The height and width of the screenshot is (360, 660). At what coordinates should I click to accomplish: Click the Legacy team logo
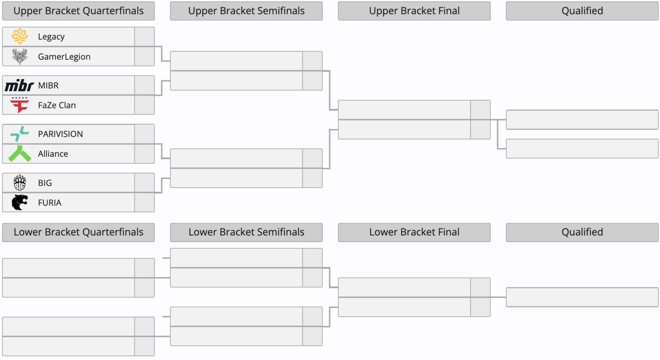(x=20, y=36)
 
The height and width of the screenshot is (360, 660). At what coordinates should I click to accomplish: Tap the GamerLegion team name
(x=64, y=56)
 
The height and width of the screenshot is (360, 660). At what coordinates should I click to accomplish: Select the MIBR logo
(x=19, y=85)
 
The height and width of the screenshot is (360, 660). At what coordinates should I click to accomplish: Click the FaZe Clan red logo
(x=19, y=105)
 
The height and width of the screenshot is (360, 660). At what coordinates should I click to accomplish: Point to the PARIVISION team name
(x=60, y=134)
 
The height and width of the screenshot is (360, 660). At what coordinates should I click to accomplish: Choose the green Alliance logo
(x=20, y=154)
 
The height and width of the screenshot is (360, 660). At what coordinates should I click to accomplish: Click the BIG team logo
(x=20, y=183)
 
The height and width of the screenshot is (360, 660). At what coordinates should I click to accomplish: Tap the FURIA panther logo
(x=20, y=202)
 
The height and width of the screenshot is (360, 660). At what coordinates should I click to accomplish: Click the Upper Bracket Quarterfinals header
(x=78, y=11)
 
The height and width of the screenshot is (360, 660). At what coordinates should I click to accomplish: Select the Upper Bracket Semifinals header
(x=246, y=11)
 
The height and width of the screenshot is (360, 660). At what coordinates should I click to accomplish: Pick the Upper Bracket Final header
(x=414, y=11)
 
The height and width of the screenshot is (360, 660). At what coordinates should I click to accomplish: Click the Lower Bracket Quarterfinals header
(x=78, y=232)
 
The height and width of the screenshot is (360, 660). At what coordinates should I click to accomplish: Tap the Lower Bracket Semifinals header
(x=246, y=232)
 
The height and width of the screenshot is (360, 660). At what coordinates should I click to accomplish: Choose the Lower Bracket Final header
(x=414, y=232)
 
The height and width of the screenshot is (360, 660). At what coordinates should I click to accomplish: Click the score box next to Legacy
(x=144, y=37)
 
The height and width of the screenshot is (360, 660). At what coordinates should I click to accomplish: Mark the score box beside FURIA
(x=144, y=202)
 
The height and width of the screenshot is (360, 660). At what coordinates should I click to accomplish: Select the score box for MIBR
(x=144, y=85)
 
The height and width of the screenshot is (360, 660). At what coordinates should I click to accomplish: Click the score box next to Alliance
(x=144, y=154)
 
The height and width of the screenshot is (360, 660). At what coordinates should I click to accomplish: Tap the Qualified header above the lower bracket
(x=582, y=232)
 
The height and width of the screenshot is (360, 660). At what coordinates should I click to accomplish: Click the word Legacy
(x=51, y=37)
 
